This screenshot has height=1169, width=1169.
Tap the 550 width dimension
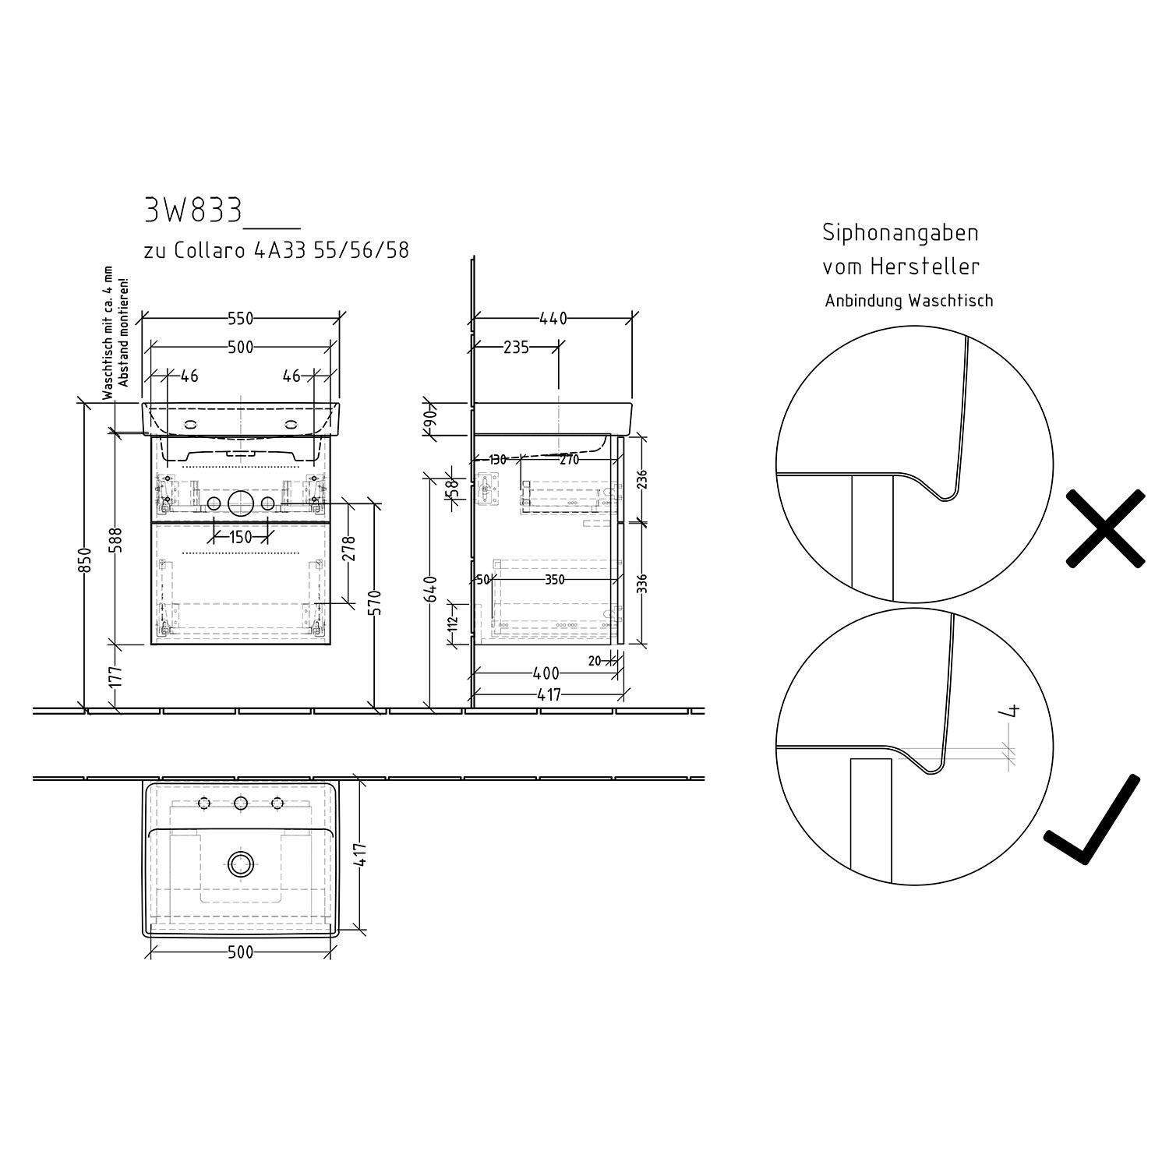click(x=240, y=319)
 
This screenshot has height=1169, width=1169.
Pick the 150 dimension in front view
click(x=241, y=537)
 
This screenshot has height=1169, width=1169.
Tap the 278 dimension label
click(x=348, y=549)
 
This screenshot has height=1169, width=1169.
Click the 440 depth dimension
click(x=553, y=319)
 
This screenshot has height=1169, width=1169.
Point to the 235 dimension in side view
click(x=516, y=347)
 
